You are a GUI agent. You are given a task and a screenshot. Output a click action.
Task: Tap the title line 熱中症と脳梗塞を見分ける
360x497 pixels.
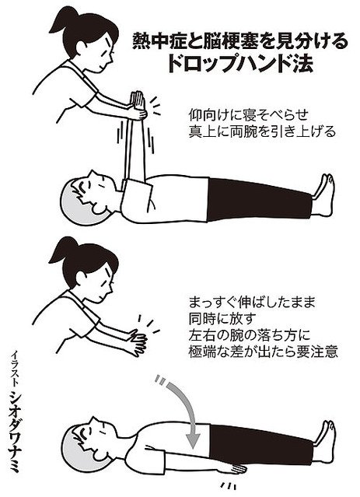[x=240, y=40]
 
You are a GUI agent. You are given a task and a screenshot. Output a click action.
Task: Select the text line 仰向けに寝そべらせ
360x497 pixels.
[x=248, y=115]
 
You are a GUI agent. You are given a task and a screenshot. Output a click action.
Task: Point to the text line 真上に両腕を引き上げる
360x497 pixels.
[x=262, y=131]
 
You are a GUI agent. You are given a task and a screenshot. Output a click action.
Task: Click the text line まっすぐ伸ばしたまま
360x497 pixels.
[x=252, y=303]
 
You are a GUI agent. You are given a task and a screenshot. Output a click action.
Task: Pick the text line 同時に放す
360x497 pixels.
[x=222, y=319]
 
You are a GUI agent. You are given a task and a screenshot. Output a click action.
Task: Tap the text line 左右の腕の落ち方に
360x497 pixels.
[x=250, y=335]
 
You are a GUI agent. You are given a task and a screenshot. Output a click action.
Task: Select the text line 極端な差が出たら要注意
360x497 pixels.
[x=263, y=352]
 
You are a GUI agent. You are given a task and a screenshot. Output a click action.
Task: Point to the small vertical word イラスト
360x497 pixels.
[x=14, y=369]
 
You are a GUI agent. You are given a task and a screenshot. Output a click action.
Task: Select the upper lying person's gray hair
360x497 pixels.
[x=72, y=203]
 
